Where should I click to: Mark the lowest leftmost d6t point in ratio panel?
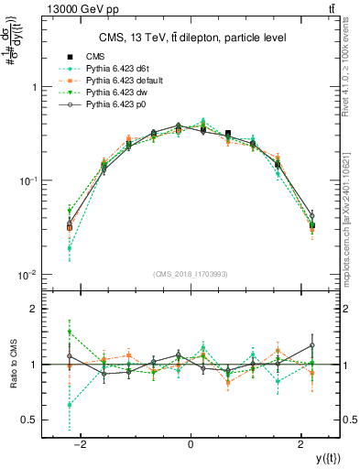click(x=69, y=405)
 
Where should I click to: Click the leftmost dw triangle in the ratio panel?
click(x=69, y=333)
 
